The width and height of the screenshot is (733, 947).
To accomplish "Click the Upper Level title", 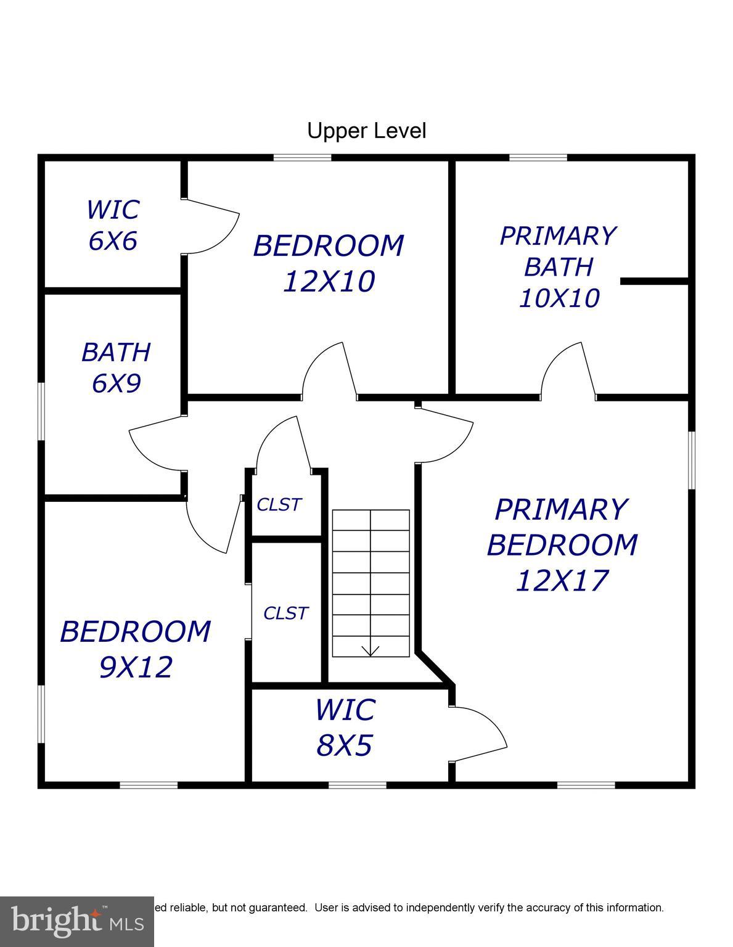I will click(366, 131).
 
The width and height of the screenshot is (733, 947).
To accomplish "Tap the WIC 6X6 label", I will click(113, 225).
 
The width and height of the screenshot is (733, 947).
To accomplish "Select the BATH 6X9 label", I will click(116, 367).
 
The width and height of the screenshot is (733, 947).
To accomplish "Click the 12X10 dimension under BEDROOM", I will click(329, 282).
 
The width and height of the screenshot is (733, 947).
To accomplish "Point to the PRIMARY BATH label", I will click(558, 252).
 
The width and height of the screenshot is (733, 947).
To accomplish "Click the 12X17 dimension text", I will click(562, 580).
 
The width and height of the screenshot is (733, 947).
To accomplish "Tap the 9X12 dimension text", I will click(136, 667).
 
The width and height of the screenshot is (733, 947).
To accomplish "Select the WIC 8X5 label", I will click(345, 727).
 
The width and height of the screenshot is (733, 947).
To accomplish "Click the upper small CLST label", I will click(279, 504).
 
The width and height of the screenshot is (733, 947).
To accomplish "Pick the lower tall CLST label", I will click(285, 613).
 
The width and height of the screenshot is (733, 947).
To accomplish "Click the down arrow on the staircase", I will click(370, 650).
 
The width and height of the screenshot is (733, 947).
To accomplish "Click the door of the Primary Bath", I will click(567, 370).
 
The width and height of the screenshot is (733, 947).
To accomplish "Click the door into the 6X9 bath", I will click(157, 438).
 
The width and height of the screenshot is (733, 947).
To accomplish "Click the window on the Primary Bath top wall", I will click(538, 157).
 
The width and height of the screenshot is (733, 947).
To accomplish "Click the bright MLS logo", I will click(77, 922).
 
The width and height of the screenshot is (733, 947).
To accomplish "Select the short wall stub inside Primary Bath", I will click(653, 281).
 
